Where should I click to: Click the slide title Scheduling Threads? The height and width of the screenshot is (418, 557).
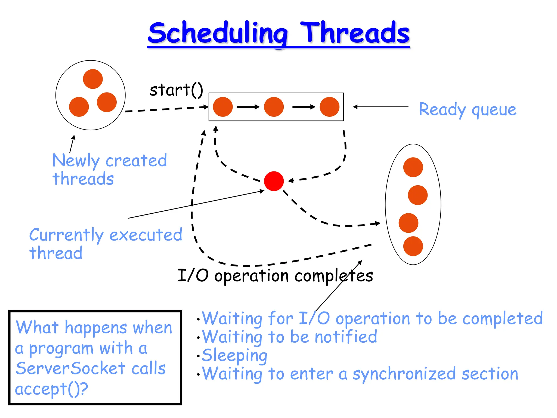(x=278, y=33)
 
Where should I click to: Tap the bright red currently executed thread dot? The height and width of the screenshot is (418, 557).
(x=274, y=181)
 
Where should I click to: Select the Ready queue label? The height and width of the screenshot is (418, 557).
(x=467, y=109)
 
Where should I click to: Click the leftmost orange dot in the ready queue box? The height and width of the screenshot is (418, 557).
(x=223, y=107)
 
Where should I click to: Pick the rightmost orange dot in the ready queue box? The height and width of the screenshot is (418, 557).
(x=329, y=107)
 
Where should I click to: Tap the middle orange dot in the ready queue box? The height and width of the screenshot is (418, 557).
(x=274, y=107)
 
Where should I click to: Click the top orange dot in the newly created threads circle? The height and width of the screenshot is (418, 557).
(x=93, y=79)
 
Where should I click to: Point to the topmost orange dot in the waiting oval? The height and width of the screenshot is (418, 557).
(x=413, y=167)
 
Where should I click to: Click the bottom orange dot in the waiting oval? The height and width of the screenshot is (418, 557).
(x=413, y=246)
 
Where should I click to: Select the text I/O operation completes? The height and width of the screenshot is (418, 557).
(x=275, y=275)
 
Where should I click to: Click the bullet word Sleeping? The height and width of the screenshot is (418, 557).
(x=234, y=355)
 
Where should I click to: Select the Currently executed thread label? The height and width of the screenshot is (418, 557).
(x=106, y=243)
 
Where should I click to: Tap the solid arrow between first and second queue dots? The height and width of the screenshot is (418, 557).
(x=248, y=107)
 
